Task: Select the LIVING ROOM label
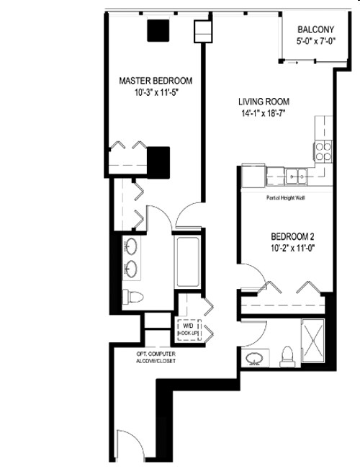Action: point(259,102)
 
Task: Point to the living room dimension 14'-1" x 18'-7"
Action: point(259,114)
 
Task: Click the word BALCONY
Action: point(315,30)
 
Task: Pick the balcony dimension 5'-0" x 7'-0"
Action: point(315,42)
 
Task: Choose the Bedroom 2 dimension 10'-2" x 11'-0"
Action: point(292,249)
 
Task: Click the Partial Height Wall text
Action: point(285,197)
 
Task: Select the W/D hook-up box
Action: point(189,330)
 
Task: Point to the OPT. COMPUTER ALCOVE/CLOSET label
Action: point(156,357)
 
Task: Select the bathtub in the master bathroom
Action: point(188,261)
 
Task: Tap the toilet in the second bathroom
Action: point(287,354)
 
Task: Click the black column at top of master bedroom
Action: point(158,30)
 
